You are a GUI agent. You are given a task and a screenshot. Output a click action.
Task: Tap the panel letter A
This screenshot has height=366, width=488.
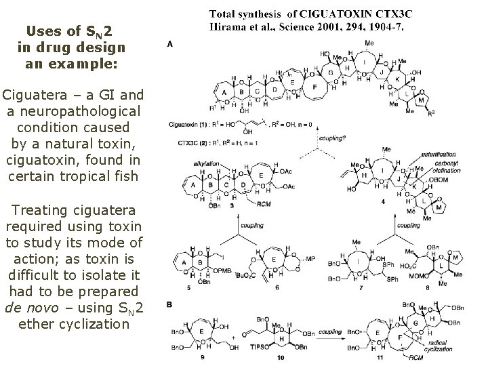[x=169, y=44]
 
